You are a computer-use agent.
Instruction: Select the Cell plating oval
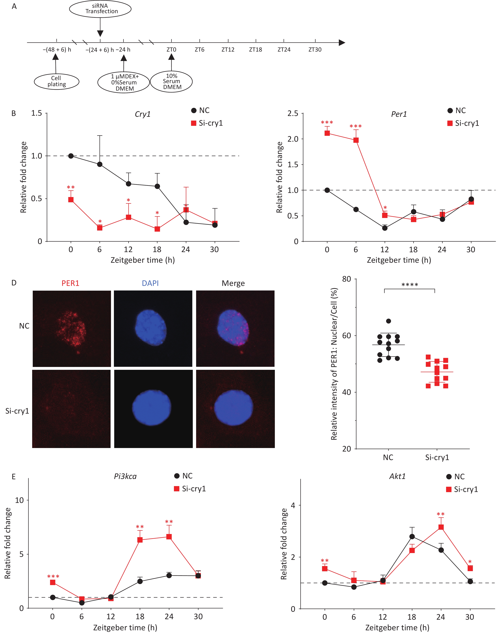(57, 81)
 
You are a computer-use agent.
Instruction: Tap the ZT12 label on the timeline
(228, 50)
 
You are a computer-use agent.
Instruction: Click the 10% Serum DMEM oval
(172, 82)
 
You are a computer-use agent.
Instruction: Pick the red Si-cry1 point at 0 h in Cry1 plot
(71, 199)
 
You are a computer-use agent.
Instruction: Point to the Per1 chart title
(399, 114)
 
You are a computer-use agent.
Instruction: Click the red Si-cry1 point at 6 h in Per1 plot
(356, 140)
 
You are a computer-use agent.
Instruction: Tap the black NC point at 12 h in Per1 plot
(385, 228)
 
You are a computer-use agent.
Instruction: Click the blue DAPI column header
(150, 283)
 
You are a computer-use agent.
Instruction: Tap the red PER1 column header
(70, 283)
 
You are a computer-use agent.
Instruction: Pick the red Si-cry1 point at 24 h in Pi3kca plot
(169, 537)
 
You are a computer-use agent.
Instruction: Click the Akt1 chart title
(397, 476)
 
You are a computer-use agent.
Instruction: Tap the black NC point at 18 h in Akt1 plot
(412, 537)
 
